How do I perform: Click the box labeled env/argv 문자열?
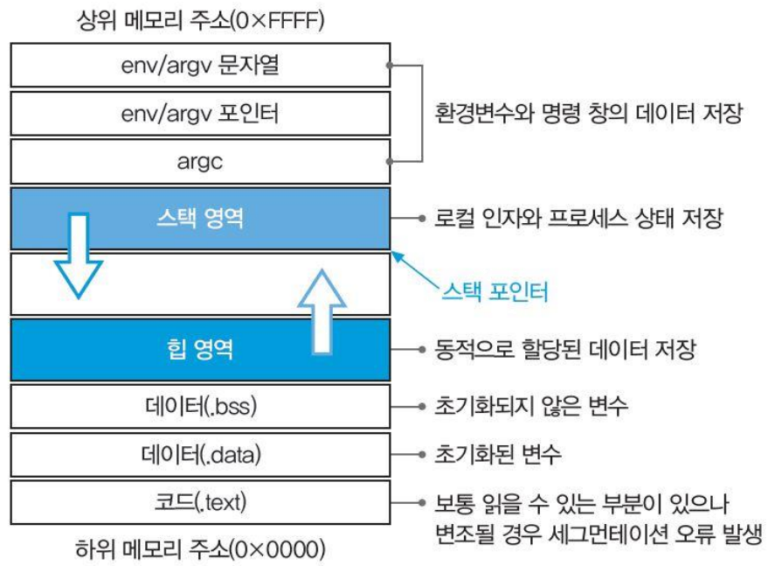point(200,65)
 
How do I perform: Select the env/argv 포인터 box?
point(200,113)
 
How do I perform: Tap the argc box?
point(200,161)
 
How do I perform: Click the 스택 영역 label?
point(200,218)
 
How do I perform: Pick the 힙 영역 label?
point(200,351)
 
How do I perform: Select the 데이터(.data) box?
point(200,454)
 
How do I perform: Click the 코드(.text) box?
point(200,502)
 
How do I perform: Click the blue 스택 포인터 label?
point(495,292)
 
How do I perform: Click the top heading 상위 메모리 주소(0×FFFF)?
point(200,20)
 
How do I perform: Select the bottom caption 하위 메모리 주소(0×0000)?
point(200,549)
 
